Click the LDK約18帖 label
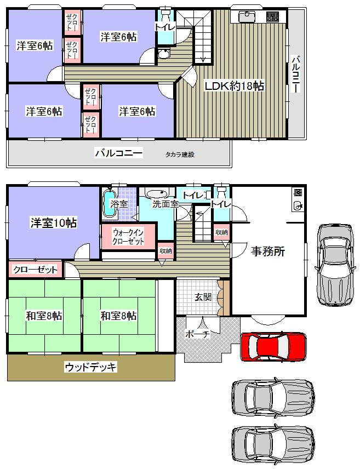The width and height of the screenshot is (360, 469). click(234, 86)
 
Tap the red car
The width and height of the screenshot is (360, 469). click(273, 346)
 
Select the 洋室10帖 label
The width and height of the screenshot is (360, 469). click(53, 222)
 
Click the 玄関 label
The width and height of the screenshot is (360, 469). click(203, 297)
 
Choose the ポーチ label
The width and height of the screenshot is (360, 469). click(197, 335)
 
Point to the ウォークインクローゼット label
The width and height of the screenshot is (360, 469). click(129, 236)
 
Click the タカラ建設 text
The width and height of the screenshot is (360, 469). click(180, 155)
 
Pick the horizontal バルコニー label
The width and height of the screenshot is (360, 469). click(118, 153)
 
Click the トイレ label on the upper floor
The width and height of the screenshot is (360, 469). click(164, 26)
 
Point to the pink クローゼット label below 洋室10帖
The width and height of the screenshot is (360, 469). click(35, 270)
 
